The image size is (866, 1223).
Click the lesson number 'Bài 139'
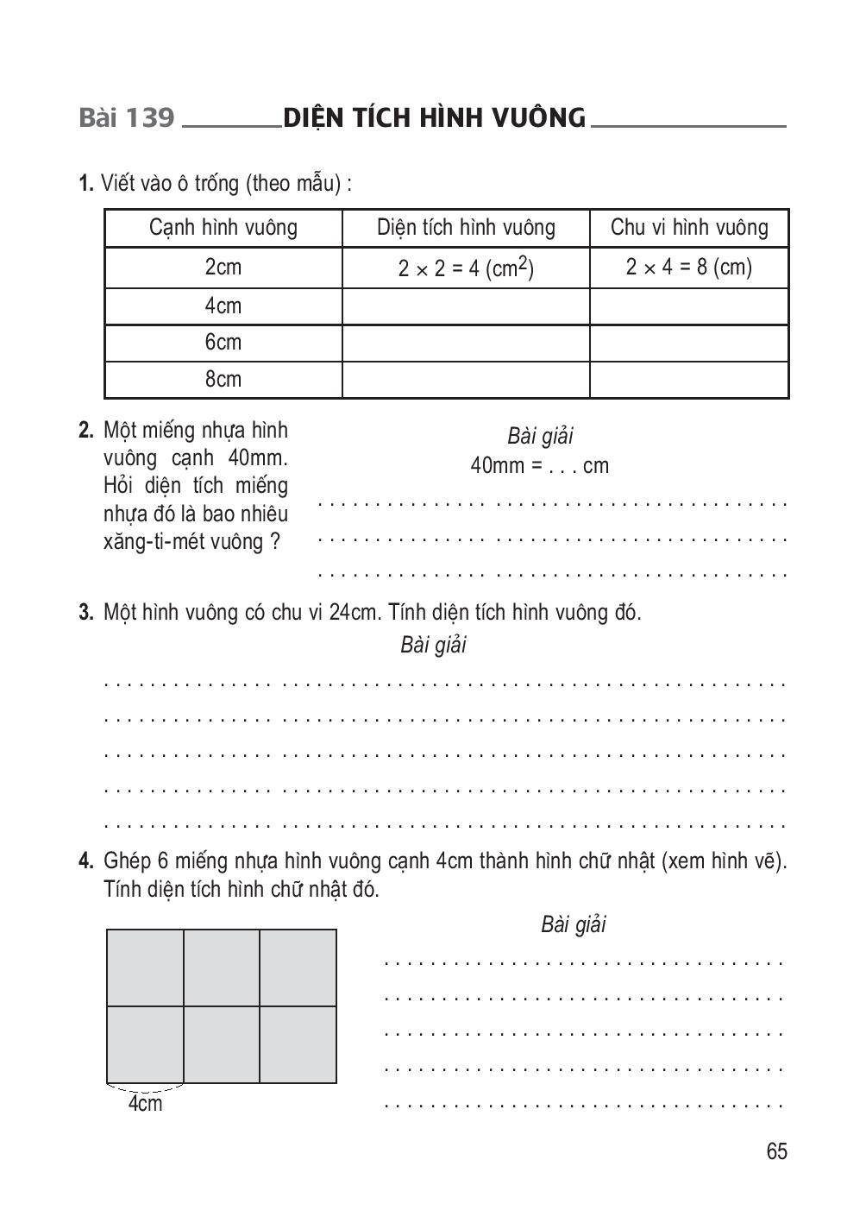click(x=126, y=117)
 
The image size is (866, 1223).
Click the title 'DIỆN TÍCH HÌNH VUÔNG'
click(x=434, y=117)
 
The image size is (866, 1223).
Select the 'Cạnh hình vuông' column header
click(x=223, y=228)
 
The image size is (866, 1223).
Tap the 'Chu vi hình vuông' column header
click(x=689, y=228)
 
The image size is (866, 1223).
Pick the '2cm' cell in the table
click(x=223, y=268)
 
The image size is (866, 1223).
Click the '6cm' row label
click(x=223, y=343)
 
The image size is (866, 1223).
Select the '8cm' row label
click(x=223, y=380)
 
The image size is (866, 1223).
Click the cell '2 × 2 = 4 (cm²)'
click(x=466, y=268)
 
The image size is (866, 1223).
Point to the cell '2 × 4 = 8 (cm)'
click(x=689, y=268)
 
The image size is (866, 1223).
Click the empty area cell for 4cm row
click(x=466, y=306)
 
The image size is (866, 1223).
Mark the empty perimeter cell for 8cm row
click(x=689, y=380)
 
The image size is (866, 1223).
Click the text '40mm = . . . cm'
click(x=540, y=466)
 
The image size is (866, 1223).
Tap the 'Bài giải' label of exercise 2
click(x=540, y=437)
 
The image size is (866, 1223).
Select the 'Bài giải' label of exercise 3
click(x=433, y=646)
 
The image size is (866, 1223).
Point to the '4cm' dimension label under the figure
click(x=145, y=1104)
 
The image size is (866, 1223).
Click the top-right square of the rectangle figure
click(x=298, y=968)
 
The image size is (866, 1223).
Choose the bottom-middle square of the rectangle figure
click(x=222, y=1044)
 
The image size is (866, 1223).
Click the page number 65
click(x=776, y=1152)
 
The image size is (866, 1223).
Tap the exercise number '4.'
click(x=86, y=861)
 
